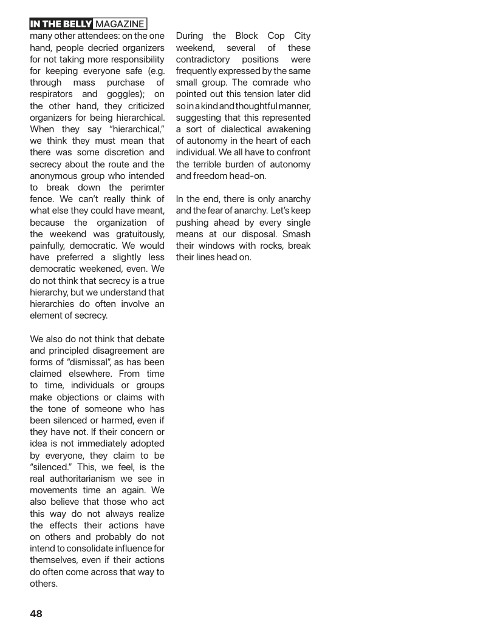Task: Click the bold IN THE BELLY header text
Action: pyautogui.click(x=61, y=24)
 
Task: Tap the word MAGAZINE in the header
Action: pyautogui.click(x=120, y=24)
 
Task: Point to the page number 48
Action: pyautogui.click(x=36, y=613)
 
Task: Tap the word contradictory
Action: pyautogui.click(x=203, y=59)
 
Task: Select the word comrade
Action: pyautogui.click(x=265, y=83)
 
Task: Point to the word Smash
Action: pyautogui.click(x=295, y=234)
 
